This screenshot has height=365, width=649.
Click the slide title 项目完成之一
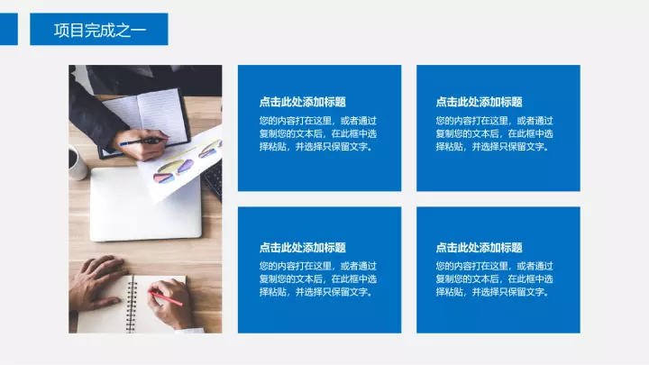pyautogui.click(x=100, y=31)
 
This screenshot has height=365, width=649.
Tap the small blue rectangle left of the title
pyautogui.click(x=9, y=29)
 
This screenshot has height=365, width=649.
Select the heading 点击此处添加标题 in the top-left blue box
pyautogui.click(x=303, y=102)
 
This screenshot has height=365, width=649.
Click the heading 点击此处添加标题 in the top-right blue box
pyautogui.click(x=479, y=102)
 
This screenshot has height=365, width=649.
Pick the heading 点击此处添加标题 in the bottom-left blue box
pyautogui.click(x=303, y=248)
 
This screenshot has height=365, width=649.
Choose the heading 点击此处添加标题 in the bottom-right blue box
pyautogui.click(x=479, y=248)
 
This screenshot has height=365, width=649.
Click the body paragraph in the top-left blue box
pyautogui.click(x=318, y=133)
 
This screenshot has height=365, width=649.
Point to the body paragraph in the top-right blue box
pyautogui.click(x=494, y=133)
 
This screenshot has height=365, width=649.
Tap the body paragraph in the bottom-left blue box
pyautogui.click(x=318, y=278)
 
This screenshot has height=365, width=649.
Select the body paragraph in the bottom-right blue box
pyautogui.click(x=494, y=278)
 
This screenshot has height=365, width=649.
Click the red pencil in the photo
pyautogui.click(x=166, y=298)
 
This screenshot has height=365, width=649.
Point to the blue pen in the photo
pyautogui.click(x=142, y=142)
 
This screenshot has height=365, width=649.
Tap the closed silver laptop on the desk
pyautogui.click(x=146, y=205)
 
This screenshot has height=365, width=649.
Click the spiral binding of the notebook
pyautogui.click(x=132, y=305)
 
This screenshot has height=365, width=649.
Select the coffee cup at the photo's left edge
pyautogui.click(x=78, y=162)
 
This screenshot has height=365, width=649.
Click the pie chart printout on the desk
pyautogui.click(x=182, y=164)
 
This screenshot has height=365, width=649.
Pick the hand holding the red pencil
pyautogui.click(x=170, y=304)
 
